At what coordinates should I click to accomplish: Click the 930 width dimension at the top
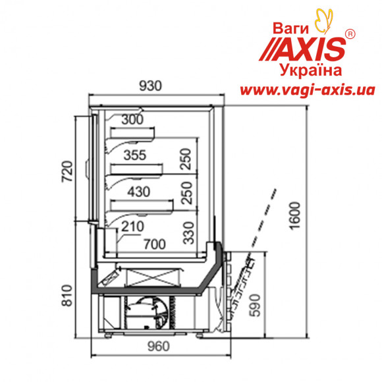point(150,86)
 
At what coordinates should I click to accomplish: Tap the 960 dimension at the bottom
point(158,346)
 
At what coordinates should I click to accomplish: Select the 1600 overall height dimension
point(295,215)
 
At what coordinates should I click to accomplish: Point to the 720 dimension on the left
point(67,171)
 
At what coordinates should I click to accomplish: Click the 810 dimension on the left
point(67,295)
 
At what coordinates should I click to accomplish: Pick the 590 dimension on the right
point(255,306)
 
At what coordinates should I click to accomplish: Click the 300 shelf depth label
point(132,120)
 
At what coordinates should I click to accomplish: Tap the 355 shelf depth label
point(135,155)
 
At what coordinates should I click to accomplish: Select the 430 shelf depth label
point(138,192)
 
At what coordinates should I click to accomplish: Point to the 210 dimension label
point(133,227)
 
